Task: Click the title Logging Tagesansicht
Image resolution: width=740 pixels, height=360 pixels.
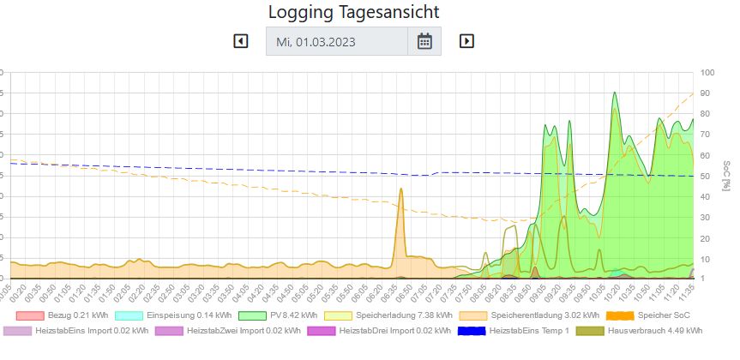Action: (x=353, y=12)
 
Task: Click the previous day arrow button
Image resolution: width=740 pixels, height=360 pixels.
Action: (x=241, y=40)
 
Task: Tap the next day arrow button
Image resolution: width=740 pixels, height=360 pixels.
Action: (x=466, y=40)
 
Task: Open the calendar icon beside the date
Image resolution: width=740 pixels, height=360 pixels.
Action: (x=424, y=41)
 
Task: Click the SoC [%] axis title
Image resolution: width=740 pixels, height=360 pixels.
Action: (x=726, y=175)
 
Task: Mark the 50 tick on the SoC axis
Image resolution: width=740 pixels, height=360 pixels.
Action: (x=706, y=176)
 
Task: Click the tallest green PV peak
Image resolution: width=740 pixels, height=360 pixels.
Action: (x=614, y=93)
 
